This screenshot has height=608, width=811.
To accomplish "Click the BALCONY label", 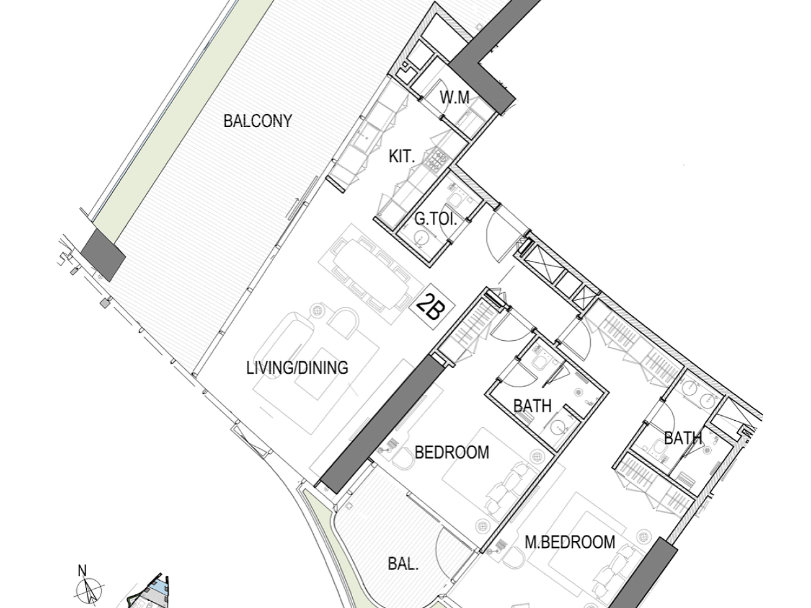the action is [257, 121].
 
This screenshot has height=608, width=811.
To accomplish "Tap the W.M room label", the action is [454, 98].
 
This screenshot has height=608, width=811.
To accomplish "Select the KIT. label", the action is [402, 157].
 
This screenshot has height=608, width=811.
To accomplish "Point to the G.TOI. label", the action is [436, 219].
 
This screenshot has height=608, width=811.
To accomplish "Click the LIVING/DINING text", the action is [297, 368].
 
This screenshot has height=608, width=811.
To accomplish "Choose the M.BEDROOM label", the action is [570, 542].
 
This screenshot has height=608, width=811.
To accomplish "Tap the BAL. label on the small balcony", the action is [403, 564].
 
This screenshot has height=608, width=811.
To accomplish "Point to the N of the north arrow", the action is [82, 571].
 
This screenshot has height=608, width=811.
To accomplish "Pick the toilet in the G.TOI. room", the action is [454, 200].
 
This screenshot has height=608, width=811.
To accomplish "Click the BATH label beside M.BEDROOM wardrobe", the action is [683, 438].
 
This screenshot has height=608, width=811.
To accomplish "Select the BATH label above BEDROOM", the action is [533, 406].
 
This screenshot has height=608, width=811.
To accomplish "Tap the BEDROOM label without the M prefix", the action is [452, 452].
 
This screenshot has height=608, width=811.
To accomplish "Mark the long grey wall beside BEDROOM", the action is [382, 423].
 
